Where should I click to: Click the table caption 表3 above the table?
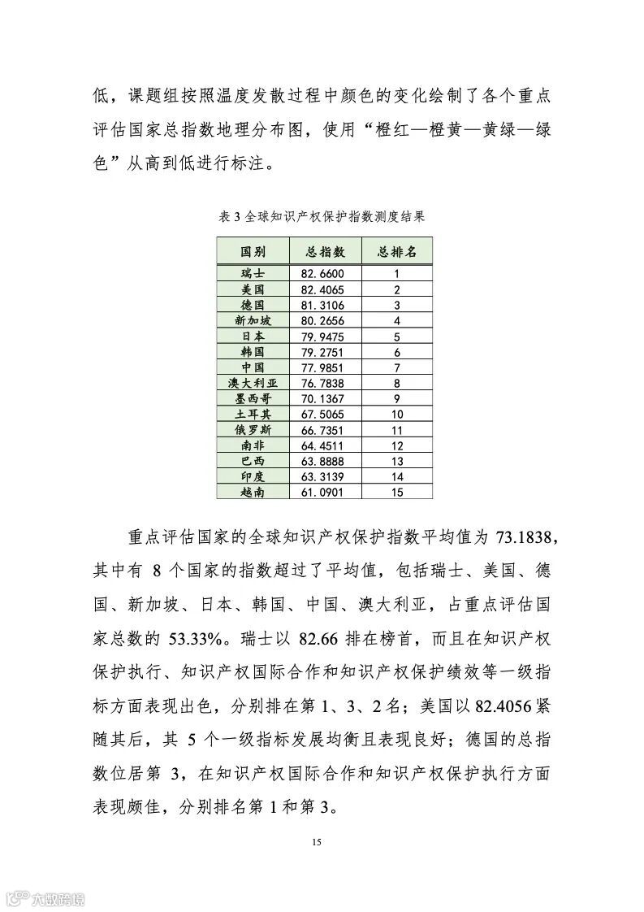[322, 217]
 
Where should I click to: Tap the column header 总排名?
[397, 252]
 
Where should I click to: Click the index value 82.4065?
[323, 289]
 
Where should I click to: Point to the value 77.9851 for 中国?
[323, 367]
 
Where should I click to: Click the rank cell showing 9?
[397, 398]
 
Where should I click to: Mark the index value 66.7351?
[323, 429]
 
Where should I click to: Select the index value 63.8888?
[323, 461]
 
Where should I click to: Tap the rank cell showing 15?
[397, 492]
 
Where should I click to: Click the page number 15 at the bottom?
[317, 841]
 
